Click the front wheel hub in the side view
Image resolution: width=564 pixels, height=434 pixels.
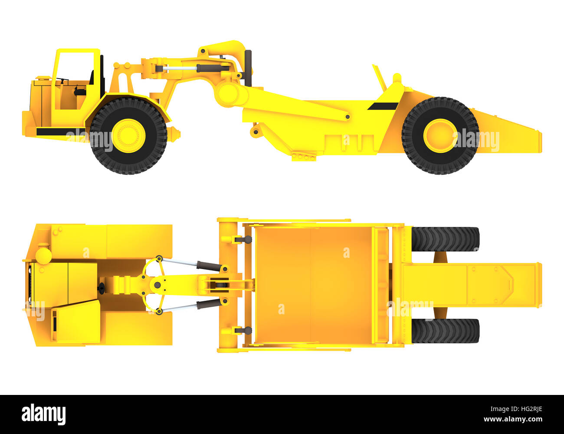pos(128,135)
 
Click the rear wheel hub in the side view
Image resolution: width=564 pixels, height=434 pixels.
pos(440,135)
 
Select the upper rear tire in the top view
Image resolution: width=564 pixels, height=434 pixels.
pos(445,239)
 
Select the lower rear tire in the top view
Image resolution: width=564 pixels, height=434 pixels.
pos(445,331)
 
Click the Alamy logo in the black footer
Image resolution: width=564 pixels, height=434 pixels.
pos(43,414)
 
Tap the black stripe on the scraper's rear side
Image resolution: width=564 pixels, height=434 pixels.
pos(383,106)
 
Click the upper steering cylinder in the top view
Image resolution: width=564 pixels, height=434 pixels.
pos(191,264)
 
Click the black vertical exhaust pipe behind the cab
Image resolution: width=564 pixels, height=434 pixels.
pos(248,68)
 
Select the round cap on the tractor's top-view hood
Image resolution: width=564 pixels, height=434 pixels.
pos(43,255)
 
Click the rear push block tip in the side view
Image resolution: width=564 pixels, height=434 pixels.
pos(539,141)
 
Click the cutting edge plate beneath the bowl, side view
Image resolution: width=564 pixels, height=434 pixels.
pos(304,157)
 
